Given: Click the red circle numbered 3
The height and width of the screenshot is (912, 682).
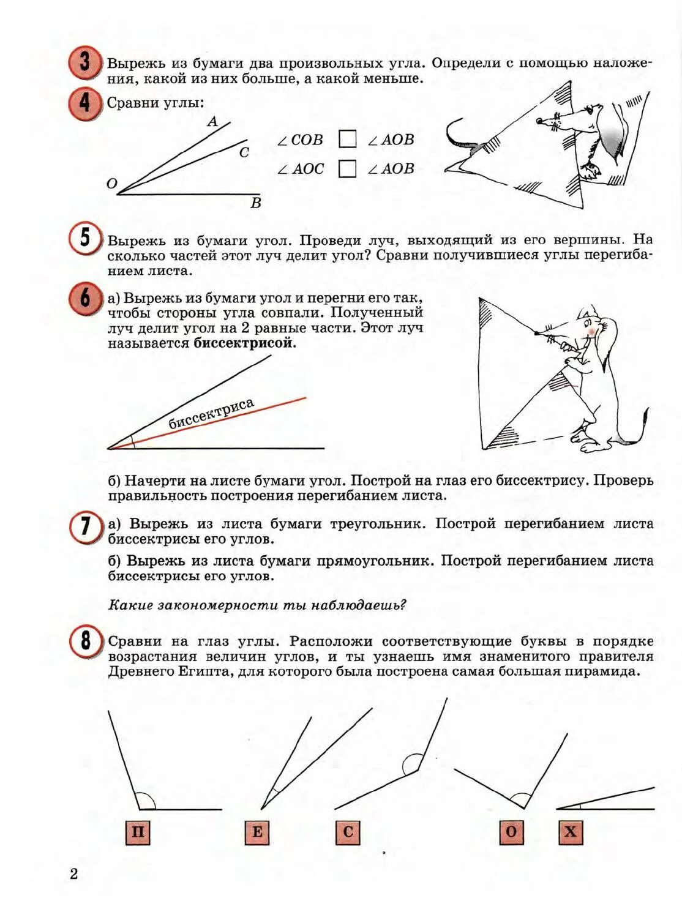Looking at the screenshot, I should point(84,62).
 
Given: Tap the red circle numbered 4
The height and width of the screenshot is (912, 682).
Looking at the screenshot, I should point(84,102).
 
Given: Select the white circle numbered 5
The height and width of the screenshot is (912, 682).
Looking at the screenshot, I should point(84,237).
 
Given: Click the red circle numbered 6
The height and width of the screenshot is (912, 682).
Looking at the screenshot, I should point(84,298).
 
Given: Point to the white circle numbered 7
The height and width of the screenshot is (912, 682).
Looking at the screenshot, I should point(85,526).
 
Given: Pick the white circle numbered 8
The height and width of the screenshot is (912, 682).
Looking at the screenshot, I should point(85,641).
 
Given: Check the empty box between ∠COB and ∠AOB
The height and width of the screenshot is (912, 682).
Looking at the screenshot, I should point(347,139).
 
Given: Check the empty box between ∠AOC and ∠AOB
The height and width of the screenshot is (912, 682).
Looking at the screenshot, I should point(347,168).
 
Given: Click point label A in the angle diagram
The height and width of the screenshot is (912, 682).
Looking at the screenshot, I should point(212,122).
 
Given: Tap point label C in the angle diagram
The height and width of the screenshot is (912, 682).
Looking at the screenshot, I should point(244,152).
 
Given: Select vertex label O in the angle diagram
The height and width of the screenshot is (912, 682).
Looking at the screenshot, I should point(111,184).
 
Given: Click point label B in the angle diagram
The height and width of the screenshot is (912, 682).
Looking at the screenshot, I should point(256,203).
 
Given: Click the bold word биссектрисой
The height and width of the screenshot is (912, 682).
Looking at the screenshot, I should point(244,343).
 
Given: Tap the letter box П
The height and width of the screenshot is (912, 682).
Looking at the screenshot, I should point(138,832).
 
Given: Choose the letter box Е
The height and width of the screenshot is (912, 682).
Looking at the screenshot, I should point(257,832).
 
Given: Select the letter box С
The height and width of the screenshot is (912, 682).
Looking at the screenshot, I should point(348,832).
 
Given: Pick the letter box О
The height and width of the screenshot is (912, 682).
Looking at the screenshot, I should point(511,832).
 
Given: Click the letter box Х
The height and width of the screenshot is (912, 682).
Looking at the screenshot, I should point(571,832).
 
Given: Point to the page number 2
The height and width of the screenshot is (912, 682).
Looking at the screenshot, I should point(74,874).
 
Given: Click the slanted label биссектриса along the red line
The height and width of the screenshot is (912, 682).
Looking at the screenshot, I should point(211,414).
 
